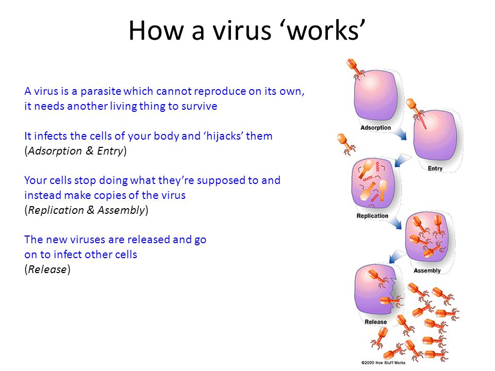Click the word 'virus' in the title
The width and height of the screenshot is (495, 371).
(242, 30)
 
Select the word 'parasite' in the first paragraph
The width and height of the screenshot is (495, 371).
(101, 92)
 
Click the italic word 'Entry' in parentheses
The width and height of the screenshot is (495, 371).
(110, 151)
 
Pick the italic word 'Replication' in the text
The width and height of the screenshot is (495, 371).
(56, 210)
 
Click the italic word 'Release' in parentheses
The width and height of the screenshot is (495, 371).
(47, 269)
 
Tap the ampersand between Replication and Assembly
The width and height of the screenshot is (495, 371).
(91, 210)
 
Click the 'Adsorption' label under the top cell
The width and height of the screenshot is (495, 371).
(376, 128)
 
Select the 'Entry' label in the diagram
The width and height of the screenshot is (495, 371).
(435, 168)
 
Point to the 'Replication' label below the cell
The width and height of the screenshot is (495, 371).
(372, 216)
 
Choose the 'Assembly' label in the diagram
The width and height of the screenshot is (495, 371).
(427, 271)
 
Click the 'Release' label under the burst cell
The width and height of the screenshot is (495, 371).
(376, 322)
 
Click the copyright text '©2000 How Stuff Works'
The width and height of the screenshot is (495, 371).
(383, 363)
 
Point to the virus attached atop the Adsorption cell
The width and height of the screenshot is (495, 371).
(355, 69)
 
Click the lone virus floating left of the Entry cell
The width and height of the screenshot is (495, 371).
(346, 144)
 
